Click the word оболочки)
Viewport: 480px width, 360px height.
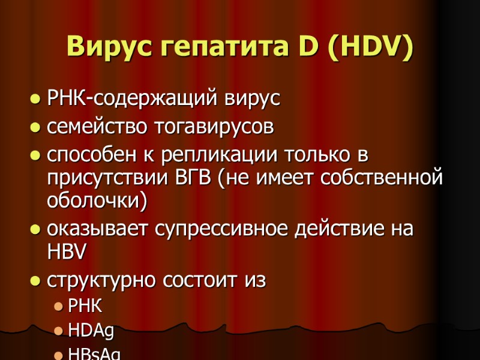point(96,202)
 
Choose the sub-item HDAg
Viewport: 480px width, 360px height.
point(91,331)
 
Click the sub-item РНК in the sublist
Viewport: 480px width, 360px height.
point(85,307)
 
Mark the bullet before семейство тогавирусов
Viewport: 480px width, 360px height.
point(35,128)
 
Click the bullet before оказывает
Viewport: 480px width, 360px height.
point(35,230)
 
